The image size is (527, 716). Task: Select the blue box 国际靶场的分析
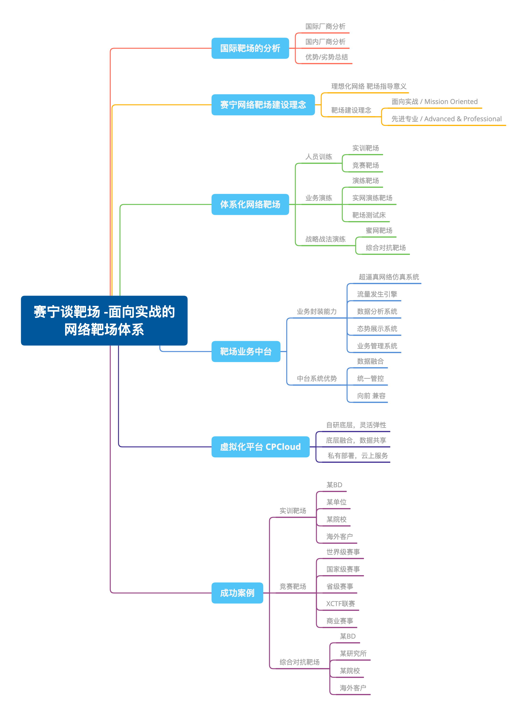[x=250, y=48]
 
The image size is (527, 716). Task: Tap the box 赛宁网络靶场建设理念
[x=263, y=105]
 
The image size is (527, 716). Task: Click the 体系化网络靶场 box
[x=250, y=204]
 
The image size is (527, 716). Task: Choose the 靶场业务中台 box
[x=246, y=351]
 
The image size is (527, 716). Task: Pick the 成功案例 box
[x=237, y=593]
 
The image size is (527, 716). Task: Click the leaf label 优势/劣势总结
[x=326, y=57]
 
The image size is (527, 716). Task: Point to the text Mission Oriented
[x=451, y=102]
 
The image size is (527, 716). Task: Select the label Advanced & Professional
[x=463, y=119]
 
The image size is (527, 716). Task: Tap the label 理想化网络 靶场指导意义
[x=368, y=86]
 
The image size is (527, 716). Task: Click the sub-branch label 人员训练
[x=318, y=157]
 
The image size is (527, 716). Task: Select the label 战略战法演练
[x=325, y=239]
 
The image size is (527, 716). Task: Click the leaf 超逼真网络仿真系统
[x=389, y=277]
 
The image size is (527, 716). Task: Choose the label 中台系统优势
[x=317, y=378]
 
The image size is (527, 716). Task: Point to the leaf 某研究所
[x=353, y=653]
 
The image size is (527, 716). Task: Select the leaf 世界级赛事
[x=343, y=552]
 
